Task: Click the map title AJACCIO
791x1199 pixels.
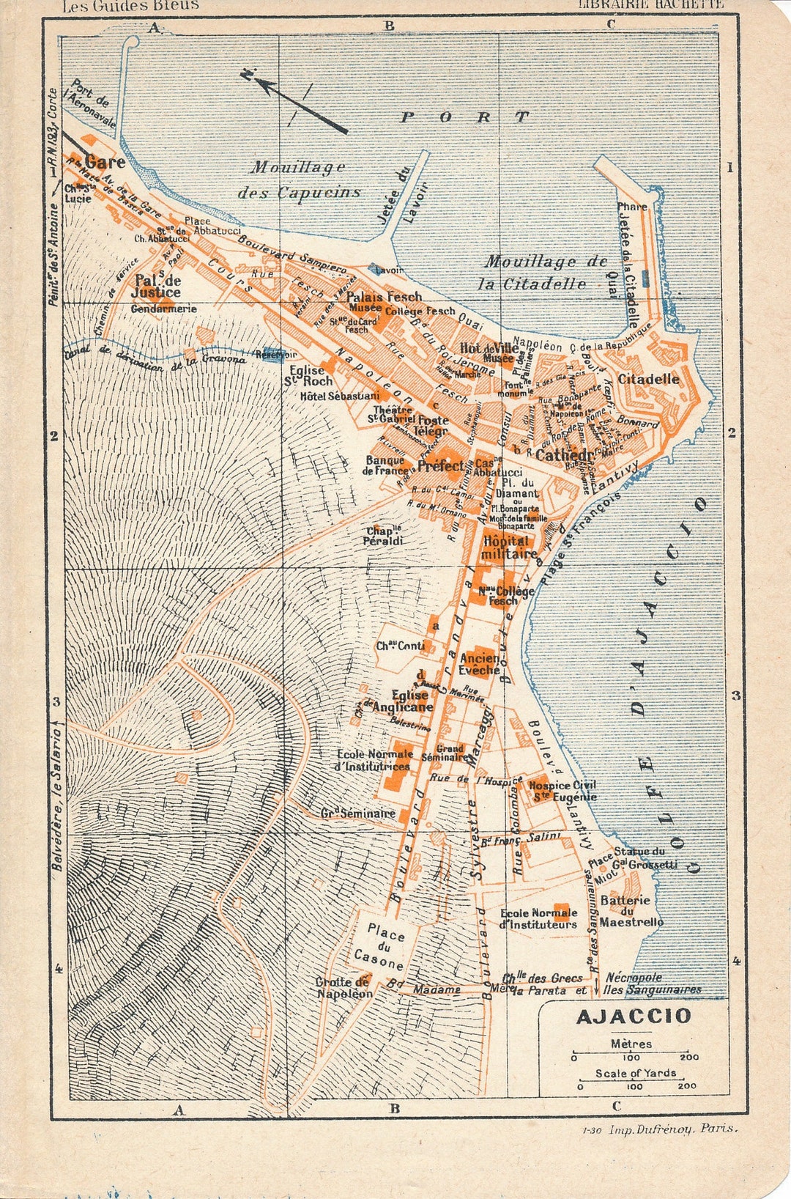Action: (x=634, y=1016)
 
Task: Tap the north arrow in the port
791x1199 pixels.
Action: (x=300, y=103)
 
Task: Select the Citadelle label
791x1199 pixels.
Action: (x=648, y=379)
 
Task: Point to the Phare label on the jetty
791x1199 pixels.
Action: (x=631, y=207)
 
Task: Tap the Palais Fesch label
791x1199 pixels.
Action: (x=384, y=297)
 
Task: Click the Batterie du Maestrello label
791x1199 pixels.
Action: (x=631, y=911)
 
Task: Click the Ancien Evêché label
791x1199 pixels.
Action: (x=480, y=664)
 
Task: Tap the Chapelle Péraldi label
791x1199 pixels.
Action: (x=383, y=536)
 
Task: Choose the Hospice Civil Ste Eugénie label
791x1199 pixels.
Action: (x=562, y=791)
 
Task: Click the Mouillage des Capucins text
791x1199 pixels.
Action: (x=299, y=180)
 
